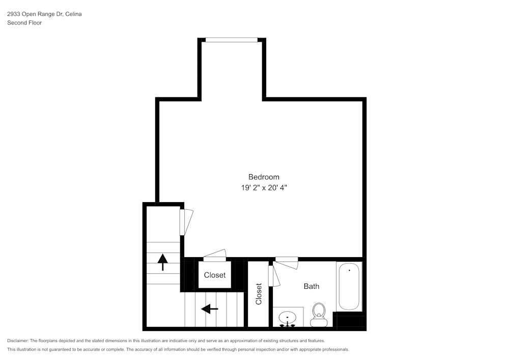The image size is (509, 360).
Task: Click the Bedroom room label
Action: point(264,177)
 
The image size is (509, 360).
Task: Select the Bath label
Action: point(312,286)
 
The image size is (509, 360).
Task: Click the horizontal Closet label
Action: point(215,275)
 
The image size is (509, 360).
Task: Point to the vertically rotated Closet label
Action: point(259,294)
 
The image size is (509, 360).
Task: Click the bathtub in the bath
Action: point(349,286)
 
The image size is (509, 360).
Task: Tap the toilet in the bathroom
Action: point(319,315)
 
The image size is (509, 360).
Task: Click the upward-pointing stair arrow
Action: point(163,262)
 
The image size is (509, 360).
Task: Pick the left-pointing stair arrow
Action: point(210,309)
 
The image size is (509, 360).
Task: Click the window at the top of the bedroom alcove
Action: point(232,40)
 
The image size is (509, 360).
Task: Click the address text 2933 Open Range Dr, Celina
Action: point(44,14)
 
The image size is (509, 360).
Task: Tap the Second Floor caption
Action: point(24,23)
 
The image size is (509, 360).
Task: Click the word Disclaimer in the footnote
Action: point(18,341)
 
